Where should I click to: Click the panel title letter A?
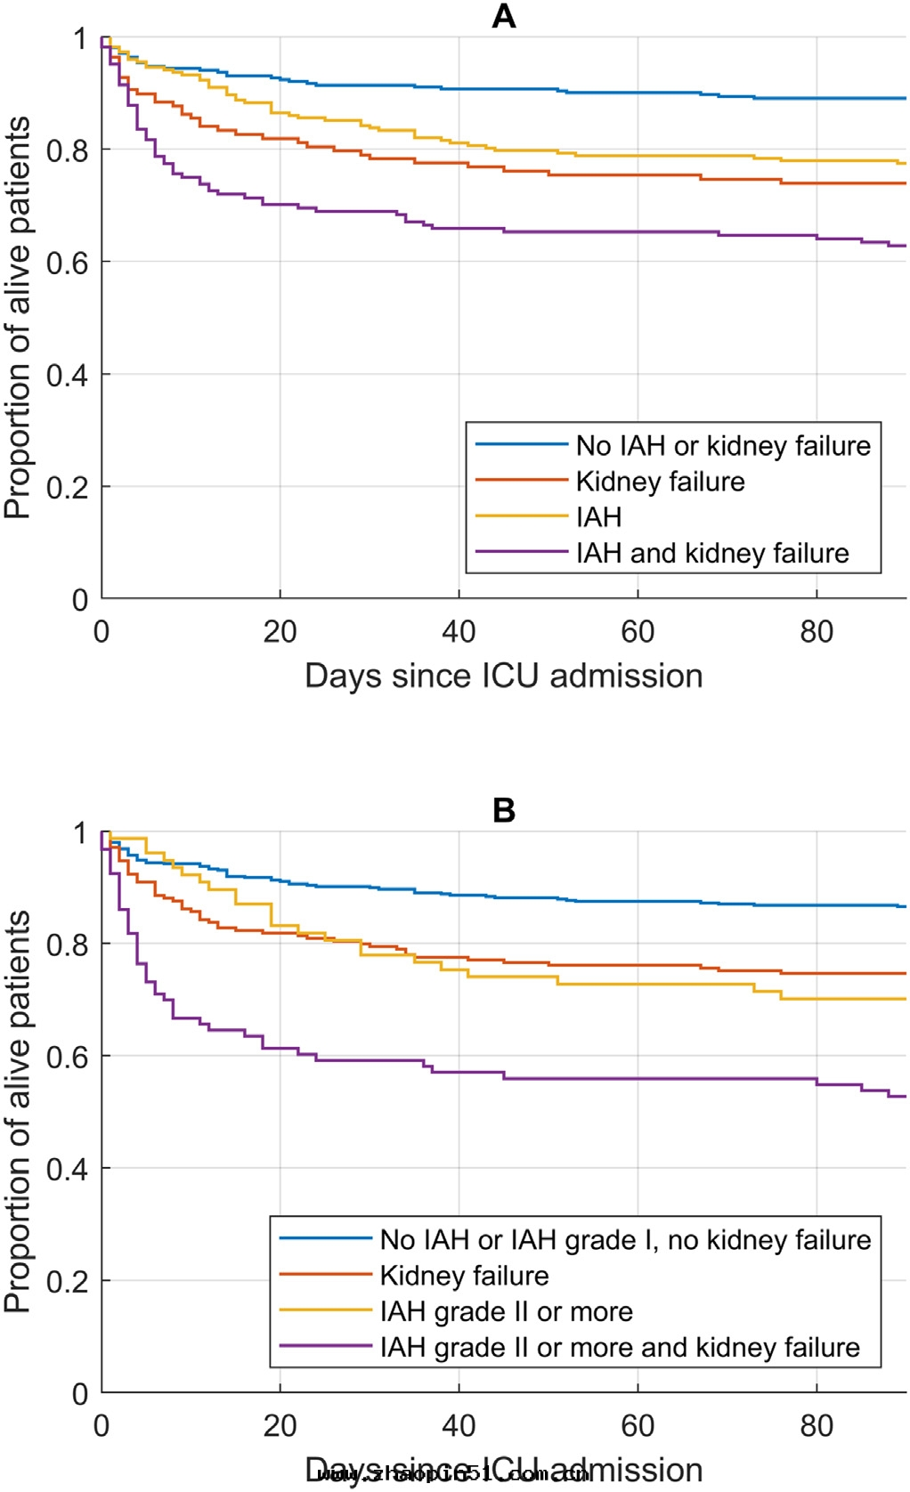504,16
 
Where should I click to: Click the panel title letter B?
504,810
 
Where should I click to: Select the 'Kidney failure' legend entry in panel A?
660,482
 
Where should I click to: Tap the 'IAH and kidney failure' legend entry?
712,553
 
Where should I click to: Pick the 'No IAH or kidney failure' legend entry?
723,445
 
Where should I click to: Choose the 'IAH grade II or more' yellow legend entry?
506,1311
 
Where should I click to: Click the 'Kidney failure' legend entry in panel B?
464,1276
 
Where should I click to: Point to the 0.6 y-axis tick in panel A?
68,263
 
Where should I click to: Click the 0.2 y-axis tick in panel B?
68,1281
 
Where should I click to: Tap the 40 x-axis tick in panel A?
459,631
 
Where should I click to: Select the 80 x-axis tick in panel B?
817,1425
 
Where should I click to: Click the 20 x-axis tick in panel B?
280,1425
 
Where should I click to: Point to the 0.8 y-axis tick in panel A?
68,150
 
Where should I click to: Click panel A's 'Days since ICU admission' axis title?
504,676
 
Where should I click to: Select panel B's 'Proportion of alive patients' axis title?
17,1111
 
